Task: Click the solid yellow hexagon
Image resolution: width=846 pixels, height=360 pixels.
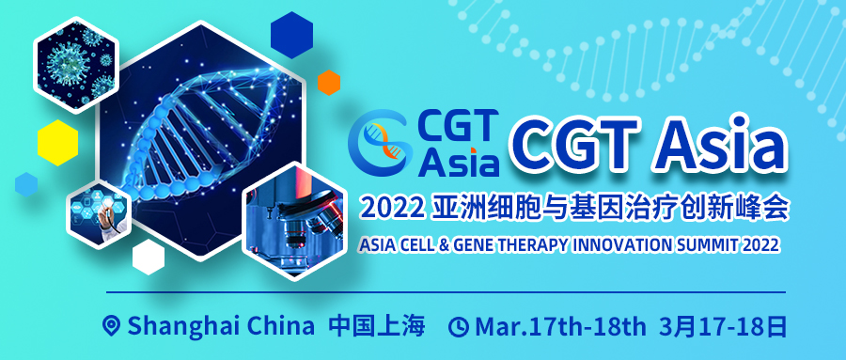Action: click(x=57, y=143)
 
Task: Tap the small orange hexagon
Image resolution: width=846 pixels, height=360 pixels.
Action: click(x=329, y=83)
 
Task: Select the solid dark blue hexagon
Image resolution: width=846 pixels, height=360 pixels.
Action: click(x=292, y=35)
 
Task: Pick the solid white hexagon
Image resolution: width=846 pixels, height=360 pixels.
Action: click(x=149, y=257)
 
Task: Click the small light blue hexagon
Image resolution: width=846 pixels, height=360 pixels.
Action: click(x=26, y=184)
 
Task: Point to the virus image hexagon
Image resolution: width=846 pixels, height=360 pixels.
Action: click(x=75, y=64)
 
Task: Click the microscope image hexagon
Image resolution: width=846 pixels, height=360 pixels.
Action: click(x=294, y=221)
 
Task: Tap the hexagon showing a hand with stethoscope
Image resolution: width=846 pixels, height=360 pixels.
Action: click(x=99, y=214)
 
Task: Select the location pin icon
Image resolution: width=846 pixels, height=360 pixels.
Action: click(x=112, y=326)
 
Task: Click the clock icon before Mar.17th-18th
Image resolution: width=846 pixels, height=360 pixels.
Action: click(x=459, y=327)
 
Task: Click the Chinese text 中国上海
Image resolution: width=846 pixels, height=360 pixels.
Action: click(x=377, y=326)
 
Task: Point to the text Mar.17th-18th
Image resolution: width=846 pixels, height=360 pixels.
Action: click(x=560, y=326)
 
